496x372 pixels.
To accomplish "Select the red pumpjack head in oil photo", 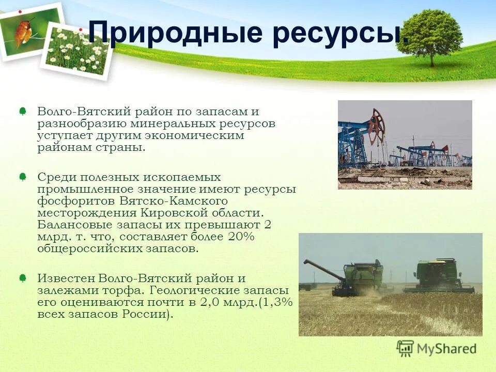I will click(x=378, y=122).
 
